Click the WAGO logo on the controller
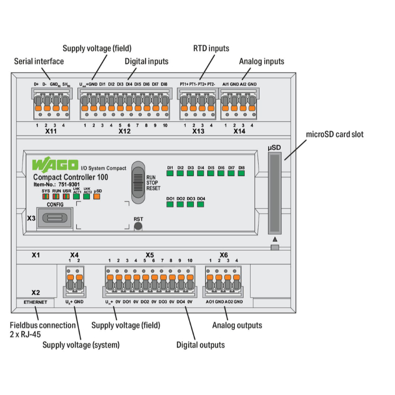tap(55, 165)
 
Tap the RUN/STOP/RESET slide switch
tap(138, 182)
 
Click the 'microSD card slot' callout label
tap(335, 134)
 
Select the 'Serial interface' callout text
tap(38, 61)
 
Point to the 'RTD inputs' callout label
tap(211, 48)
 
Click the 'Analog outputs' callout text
tap(237, 325)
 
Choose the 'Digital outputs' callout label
tap(201, 345)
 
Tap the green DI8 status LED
tap(241, 173)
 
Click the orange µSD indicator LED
tap(97, 197)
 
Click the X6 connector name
tap(224, 254)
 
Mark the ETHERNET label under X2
tap(35, 303)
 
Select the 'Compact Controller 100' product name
tap(71, 177)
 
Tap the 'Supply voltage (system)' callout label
tap(81, 345)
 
